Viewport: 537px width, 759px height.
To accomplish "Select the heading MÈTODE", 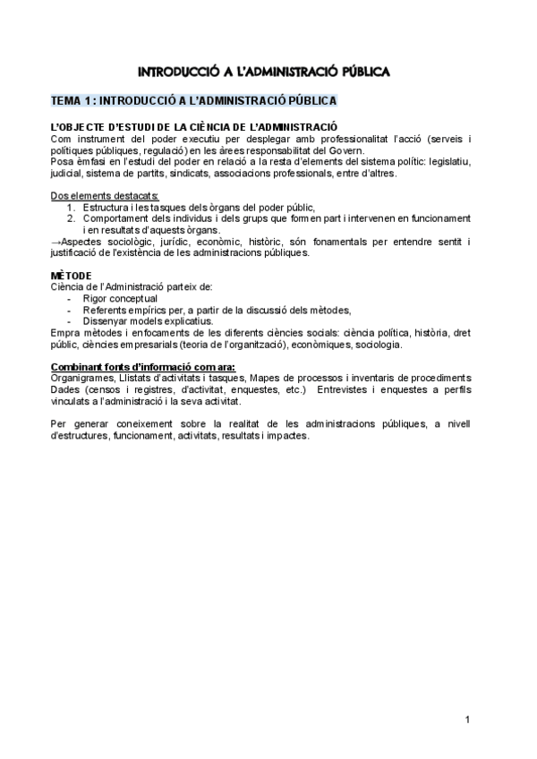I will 71,275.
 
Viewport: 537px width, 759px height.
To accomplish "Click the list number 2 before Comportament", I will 72,217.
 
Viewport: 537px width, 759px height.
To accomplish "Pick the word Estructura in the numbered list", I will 108,207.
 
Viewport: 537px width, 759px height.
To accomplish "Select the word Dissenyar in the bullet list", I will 107,320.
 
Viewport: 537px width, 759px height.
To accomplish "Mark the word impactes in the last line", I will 287,436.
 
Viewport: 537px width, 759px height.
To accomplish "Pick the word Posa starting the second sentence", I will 64,162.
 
